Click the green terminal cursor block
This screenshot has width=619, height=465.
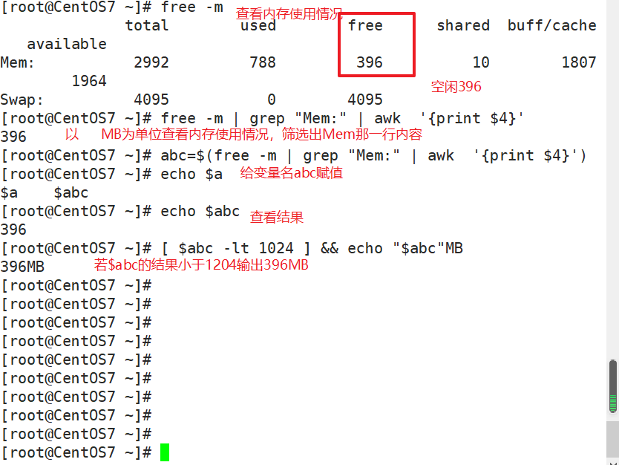pos(165,452)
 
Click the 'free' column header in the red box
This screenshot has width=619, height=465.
pos(365,26)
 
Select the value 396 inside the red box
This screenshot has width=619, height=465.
pos(370,63)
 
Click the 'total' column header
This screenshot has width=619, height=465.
pos(147,26)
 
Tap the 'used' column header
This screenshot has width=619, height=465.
pos(258,26)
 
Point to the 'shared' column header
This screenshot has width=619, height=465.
pos(463,26)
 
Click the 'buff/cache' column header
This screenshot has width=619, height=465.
pos(552,26)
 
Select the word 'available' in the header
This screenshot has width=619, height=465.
pos(67,45)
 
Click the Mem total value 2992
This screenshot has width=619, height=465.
pos(151,63)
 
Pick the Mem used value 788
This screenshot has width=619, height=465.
pos(263,63)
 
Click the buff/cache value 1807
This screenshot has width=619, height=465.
pos(579,63)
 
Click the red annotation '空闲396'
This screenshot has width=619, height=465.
pos(456,87)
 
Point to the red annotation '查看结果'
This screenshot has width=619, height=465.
pos(277,217)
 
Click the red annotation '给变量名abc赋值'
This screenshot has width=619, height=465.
pos(292,173)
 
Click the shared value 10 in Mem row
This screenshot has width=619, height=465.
pos(481,63)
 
